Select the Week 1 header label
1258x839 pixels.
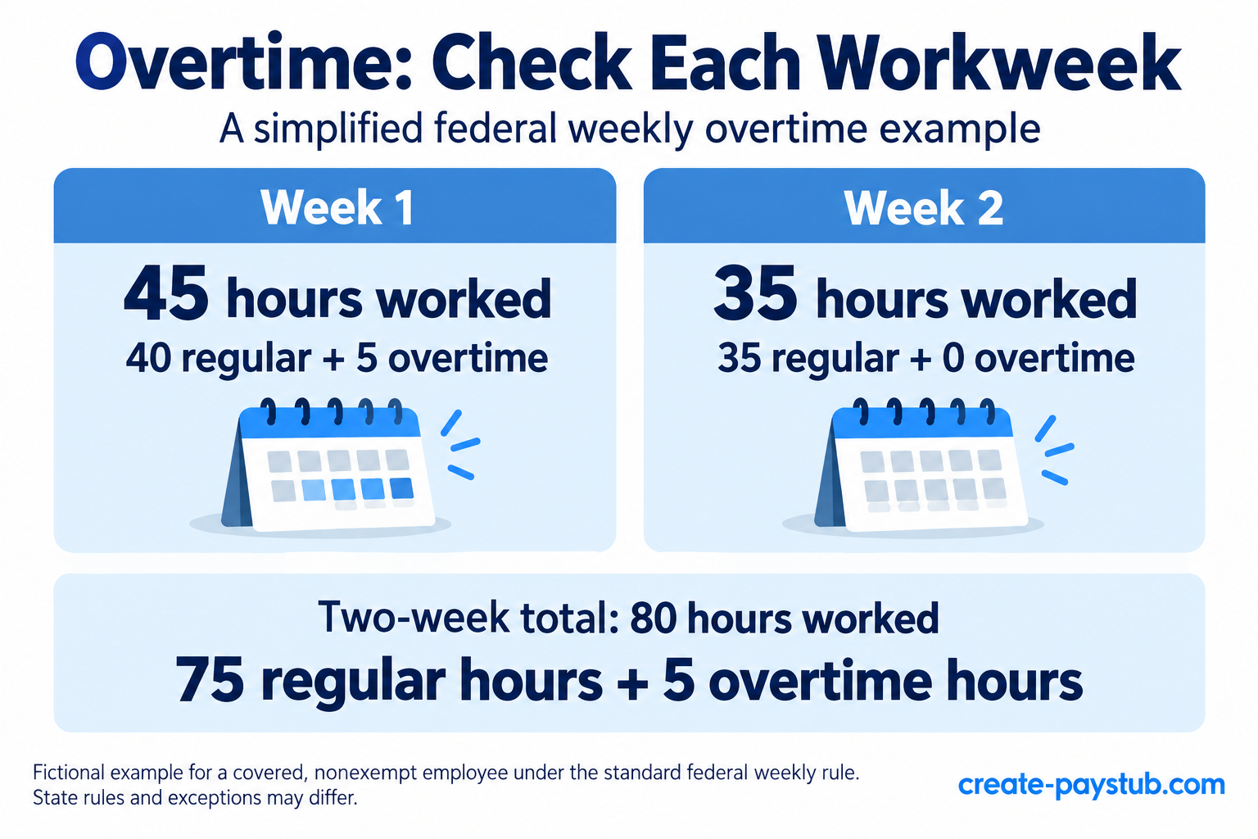[x=337, y=207]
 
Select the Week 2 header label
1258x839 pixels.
[x=923, y=207]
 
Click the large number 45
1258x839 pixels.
[x=166, y=294]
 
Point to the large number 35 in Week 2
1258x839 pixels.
[x=755, y=294]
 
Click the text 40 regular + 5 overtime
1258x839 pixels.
[x=337, y=358]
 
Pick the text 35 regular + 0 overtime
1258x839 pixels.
[x=926, y=358]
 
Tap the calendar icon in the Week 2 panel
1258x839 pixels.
[x=921, y=466]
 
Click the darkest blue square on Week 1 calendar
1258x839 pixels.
[x=401, y=488]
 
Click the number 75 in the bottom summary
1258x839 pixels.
[x=210, y=680]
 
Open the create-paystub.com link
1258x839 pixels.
[x=1091, y=784]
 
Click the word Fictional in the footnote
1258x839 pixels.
[x=69, y=773]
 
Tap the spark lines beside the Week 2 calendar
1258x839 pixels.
[x=1054, y=450]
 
